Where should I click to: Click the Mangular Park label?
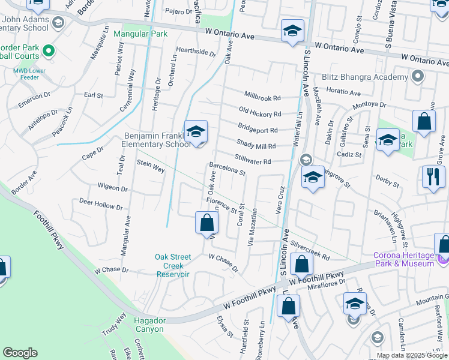click(140, 34)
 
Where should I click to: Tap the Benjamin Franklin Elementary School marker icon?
click(196, 133)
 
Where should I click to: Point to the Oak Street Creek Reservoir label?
click(173, 265)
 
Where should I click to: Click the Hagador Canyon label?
click(149, 325)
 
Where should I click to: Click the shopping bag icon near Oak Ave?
click(206, 223)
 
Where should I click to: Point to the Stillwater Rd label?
click(253, 161)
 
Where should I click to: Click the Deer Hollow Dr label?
click(100, 206)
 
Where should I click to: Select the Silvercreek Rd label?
click(310, 251)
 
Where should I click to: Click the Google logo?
click(20, 353)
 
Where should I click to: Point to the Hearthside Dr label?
click(196, 52)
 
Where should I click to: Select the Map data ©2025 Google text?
click(412, 355)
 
